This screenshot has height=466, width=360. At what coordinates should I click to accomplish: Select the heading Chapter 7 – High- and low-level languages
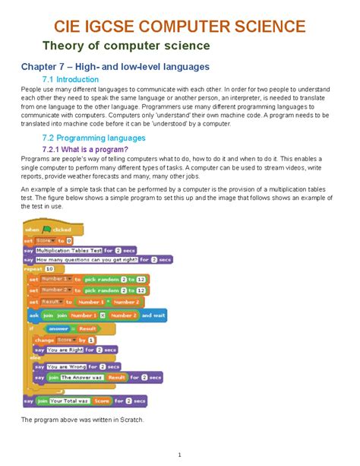coord(115,67)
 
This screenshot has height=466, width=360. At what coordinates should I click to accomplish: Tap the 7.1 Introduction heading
coord(71,80)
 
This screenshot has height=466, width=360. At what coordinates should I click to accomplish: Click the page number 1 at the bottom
coord(180,455)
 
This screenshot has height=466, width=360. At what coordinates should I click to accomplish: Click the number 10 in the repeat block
coord(50,269)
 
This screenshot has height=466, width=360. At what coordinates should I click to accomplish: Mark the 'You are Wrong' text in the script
coord(64,366)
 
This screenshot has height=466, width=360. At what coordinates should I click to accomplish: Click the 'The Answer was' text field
coord(81,377)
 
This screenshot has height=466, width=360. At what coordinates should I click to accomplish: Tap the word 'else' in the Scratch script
coord(34,357)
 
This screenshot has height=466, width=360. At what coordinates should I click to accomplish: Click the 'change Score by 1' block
coord(64,340)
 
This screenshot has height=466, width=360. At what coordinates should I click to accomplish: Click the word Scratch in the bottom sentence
coord(132,420)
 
